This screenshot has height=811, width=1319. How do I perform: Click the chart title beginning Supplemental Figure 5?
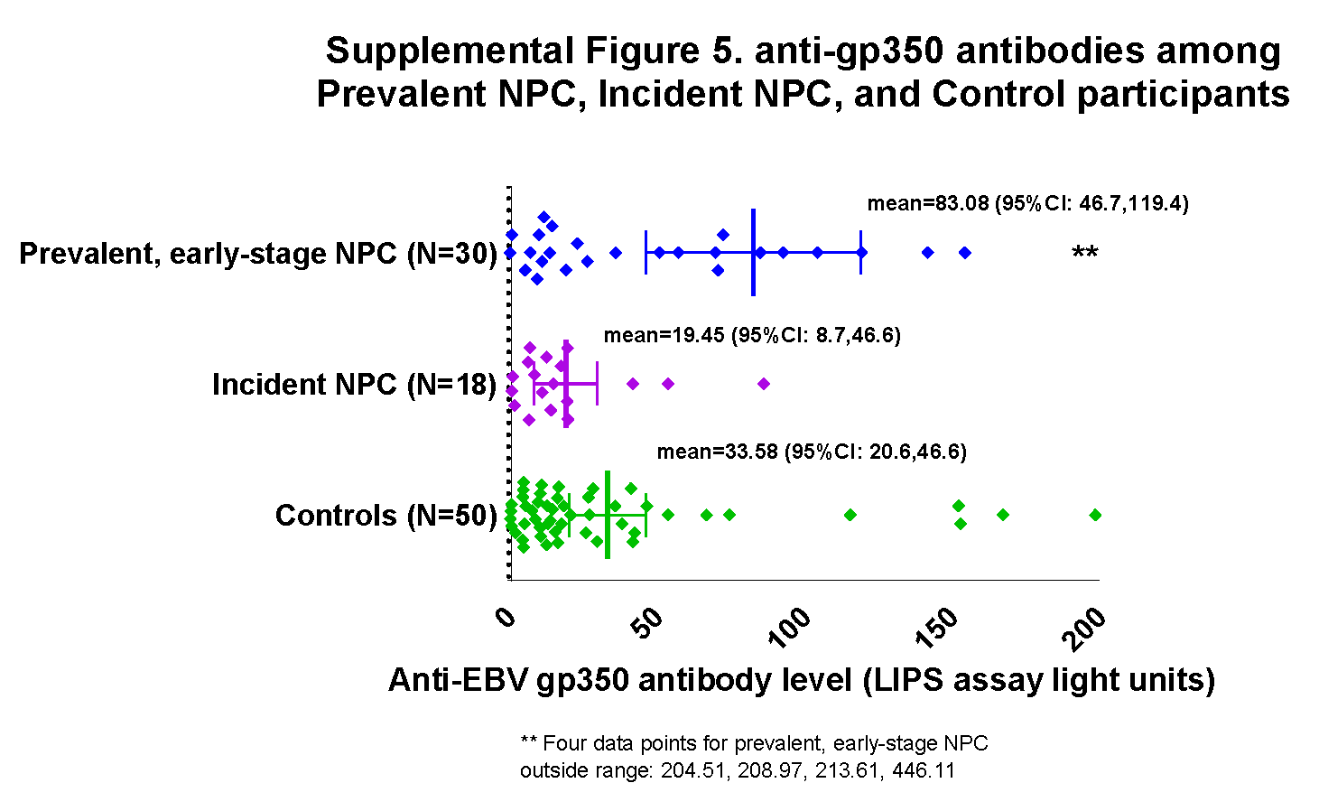[803, 72]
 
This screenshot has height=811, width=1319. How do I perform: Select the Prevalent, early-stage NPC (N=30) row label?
[258, 254]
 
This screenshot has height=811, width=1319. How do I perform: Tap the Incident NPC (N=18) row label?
[354, 385]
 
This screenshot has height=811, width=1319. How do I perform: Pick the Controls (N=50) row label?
[385, 516]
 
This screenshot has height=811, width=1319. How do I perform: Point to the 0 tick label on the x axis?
[506, 617]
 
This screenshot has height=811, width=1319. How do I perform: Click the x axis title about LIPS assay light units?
[802, 680]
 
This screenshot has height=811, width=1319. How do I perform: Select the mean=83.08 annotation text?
[1027, 203]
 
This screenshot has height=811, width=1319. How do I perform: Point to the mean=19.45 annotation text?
[752, 335]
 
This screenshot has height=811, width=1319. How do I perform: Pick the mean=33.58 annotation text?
[812, 452]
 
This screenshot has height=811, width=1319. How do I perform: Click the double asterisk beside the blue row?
[1084, 254]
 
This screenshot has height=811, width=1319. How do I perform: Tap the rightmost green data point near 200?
[1095, 515]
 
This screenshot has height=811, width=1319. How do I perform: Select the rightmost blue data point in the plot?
[965, 253]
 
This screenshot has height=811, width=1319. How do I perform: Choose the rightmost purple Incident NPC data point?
[764, 384]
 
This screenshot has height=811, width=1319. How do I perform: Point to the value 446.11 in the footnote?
[924, 770]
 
